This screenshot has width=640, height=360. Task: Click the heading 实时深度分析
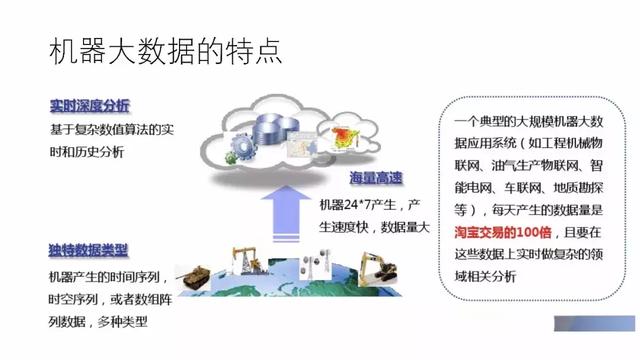click(89, 106)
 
